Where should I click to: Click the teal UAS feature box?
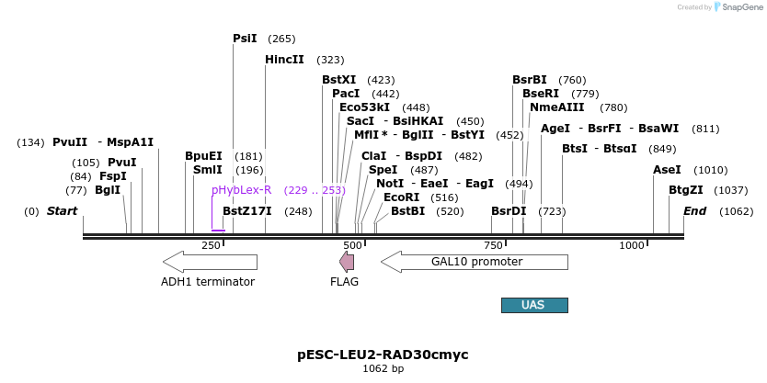tap(533, 305)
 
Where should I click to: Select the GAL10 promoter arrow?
tap(475, 262)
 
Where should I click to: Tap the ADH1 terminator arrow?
tap(209, 262)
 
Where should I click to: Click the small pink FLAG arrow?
tap(347, 262)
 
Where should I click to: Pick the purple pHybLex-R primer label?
tap(241, 190)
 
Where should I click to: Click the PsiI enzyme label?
tap(245, 39)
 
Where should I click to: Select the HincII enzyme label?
tap(284, 60)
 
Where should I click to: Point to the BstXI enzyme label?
tap(338, 80)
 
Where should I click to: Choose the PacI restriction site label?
tap(346, 94)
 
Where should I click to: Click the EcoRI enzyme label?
tap(401, 197)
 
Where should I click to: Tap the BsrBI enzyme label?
tap(530, 80)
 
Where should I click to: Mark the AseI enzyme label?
tap(667, 170)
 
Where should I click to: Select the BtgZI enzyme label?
tap(685, 190)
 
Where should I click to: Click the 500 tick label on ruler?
tap(353, 245)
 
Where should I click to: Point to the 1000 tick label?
tap(632, 245)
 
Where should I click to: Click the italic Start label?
tap(62, 211)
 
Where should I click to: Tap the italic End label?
tap(694, 211)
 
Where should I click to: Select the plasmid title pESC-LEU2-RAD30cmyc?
tap(383, 354)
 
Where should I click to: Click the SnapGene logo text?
tap(744, 7)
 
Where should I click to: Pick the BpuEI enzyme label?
tap(203, 156)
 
